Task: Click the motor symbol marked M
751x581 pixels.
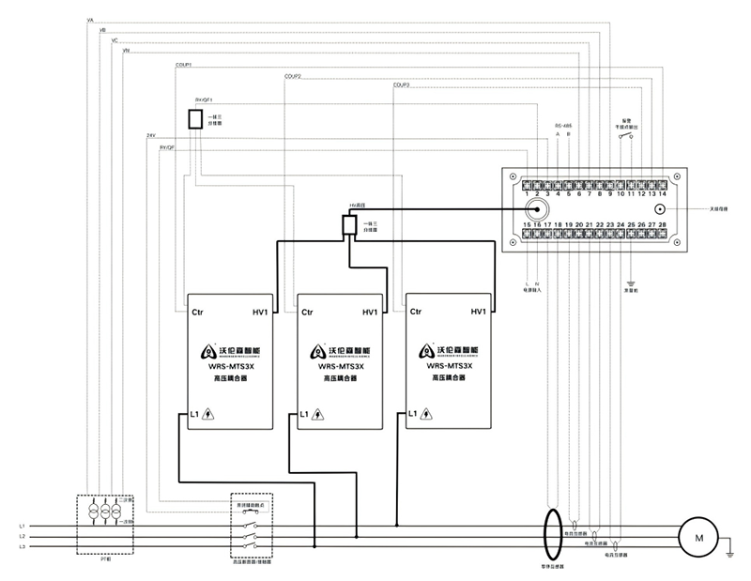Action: coord(697,537)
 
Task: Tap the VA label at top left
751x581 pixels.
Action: coord(89,19)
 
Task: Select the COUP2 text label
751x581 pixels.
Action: coord(292,76)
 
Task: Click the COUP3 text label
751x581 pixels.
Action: coord(401,86)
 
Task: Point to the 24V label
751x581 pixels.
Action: coord(150,136)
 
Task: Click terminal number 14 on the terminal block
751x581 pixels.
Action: coord(663,192)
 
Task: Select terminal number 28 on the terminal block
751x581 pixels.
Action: coord(663,225)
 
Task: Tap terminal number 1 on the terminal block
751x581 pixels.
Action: coord(527,192)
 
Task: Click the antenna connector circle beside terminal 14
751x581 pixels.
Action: coord(660,209)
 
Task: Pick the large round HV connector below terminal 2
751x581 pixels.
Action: coord(538,208)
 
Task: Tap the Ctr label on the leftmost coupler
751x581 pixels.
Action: coord(198,312)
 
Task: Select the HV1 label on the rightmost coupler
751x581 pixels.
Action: coord(477,312)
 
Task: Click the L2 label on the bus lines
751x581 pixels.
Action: coord(22,536)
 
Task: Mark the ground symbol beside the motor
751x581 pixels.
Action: coord(729,553)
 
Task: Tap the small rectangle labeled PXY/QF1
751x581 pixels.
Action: coord(195,118)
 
